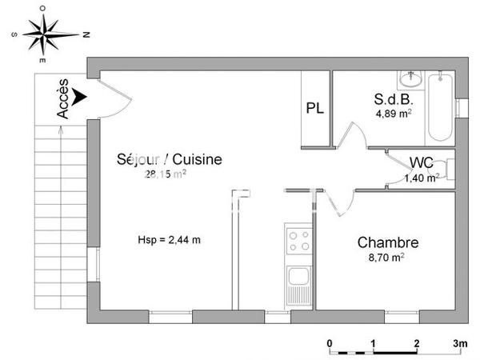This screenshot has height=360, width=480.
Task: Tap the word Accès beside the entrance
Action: (64, 103)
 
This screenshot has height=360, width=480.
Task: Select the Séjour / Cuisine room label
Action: (170, 160)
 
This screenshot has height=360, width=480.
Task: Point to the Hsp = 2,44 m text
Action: (169, 239)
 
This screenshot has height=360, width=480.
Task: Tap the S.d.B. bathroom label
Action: (393, 100)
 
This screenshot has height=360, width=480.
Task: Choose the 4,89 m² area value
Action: (394, 114)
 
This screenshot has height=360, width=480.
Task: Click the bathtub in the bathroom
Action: (440, 107)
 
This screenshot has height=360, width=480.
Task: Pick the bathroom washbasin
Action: (413, 78)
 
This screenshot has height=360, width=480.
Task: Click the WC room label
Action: (422, 163)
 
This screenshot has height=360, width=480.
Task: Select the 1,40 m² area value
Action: (421, 178)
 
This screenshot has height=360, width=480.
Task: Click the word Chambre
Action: (388, 242)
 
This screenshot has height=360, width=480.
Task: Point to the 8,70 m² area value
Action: (386, 258)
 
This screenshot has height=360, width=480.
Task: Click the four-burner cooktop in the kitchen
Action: (299, 241)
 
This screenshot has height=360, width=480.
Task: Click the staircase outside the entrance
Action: (60, 200)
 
